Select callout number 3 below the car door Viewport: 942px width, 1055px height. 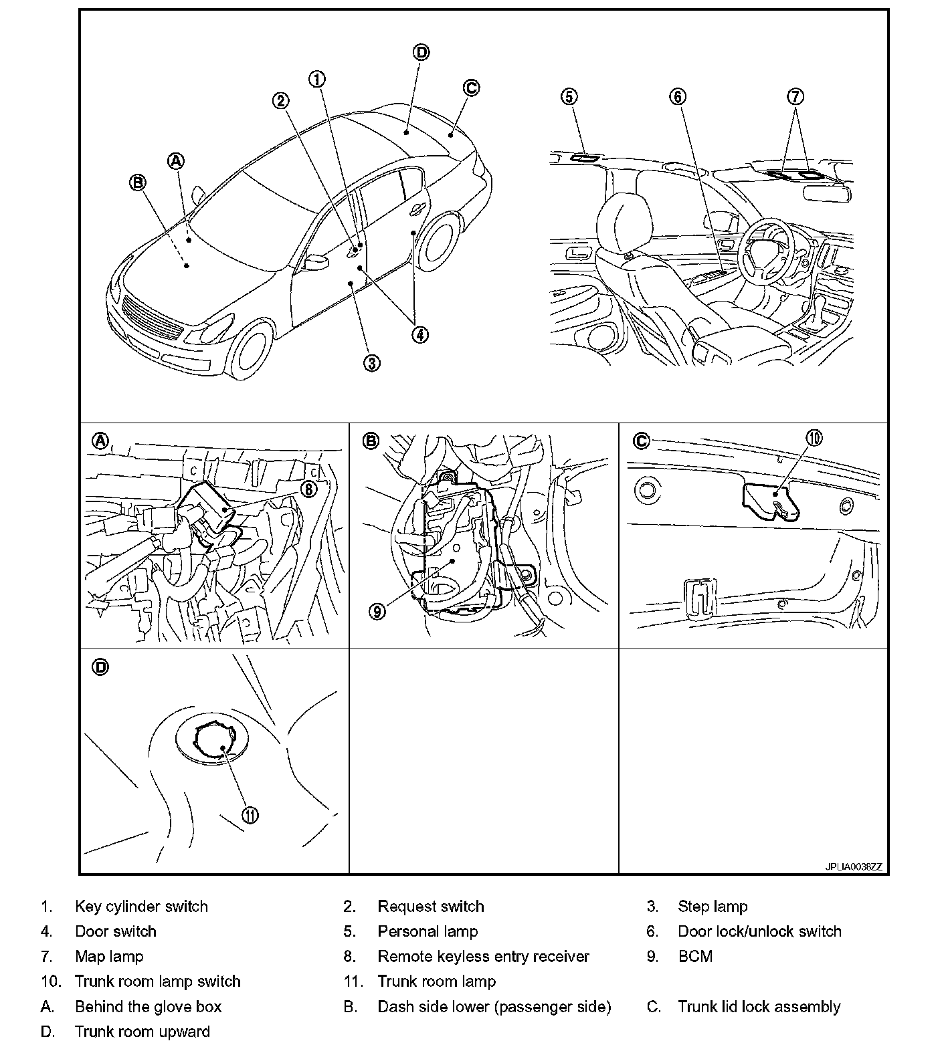(x=371, y=362)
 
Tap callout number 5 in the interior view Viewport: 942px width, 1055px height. (x=568, y=96)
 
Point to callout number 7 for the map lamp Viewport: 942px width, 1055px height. (x=794, y=96)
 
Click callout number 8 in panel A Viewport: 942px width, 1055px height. (x=308, y=489)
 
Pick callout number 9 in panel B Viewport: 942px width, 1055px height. (x=377, y=611)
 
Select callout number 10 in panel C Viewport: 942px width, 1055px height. (x=814, y=438)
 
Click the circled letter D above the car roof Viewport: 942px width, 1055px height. (x=420, y=52)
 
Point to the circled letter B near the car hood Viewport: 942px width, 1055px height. (x=137, y=183)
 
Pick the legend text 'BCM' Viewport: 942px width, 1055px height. (x=695, y=956)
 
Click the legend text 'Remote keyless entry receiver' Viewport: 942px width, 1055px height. (x=483, y=956)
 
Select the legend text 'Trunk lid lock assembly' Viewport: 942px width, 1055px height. (x=759, y=1006)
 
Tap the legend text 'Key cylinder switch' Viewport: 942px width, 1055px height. (x=141, y=906)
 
